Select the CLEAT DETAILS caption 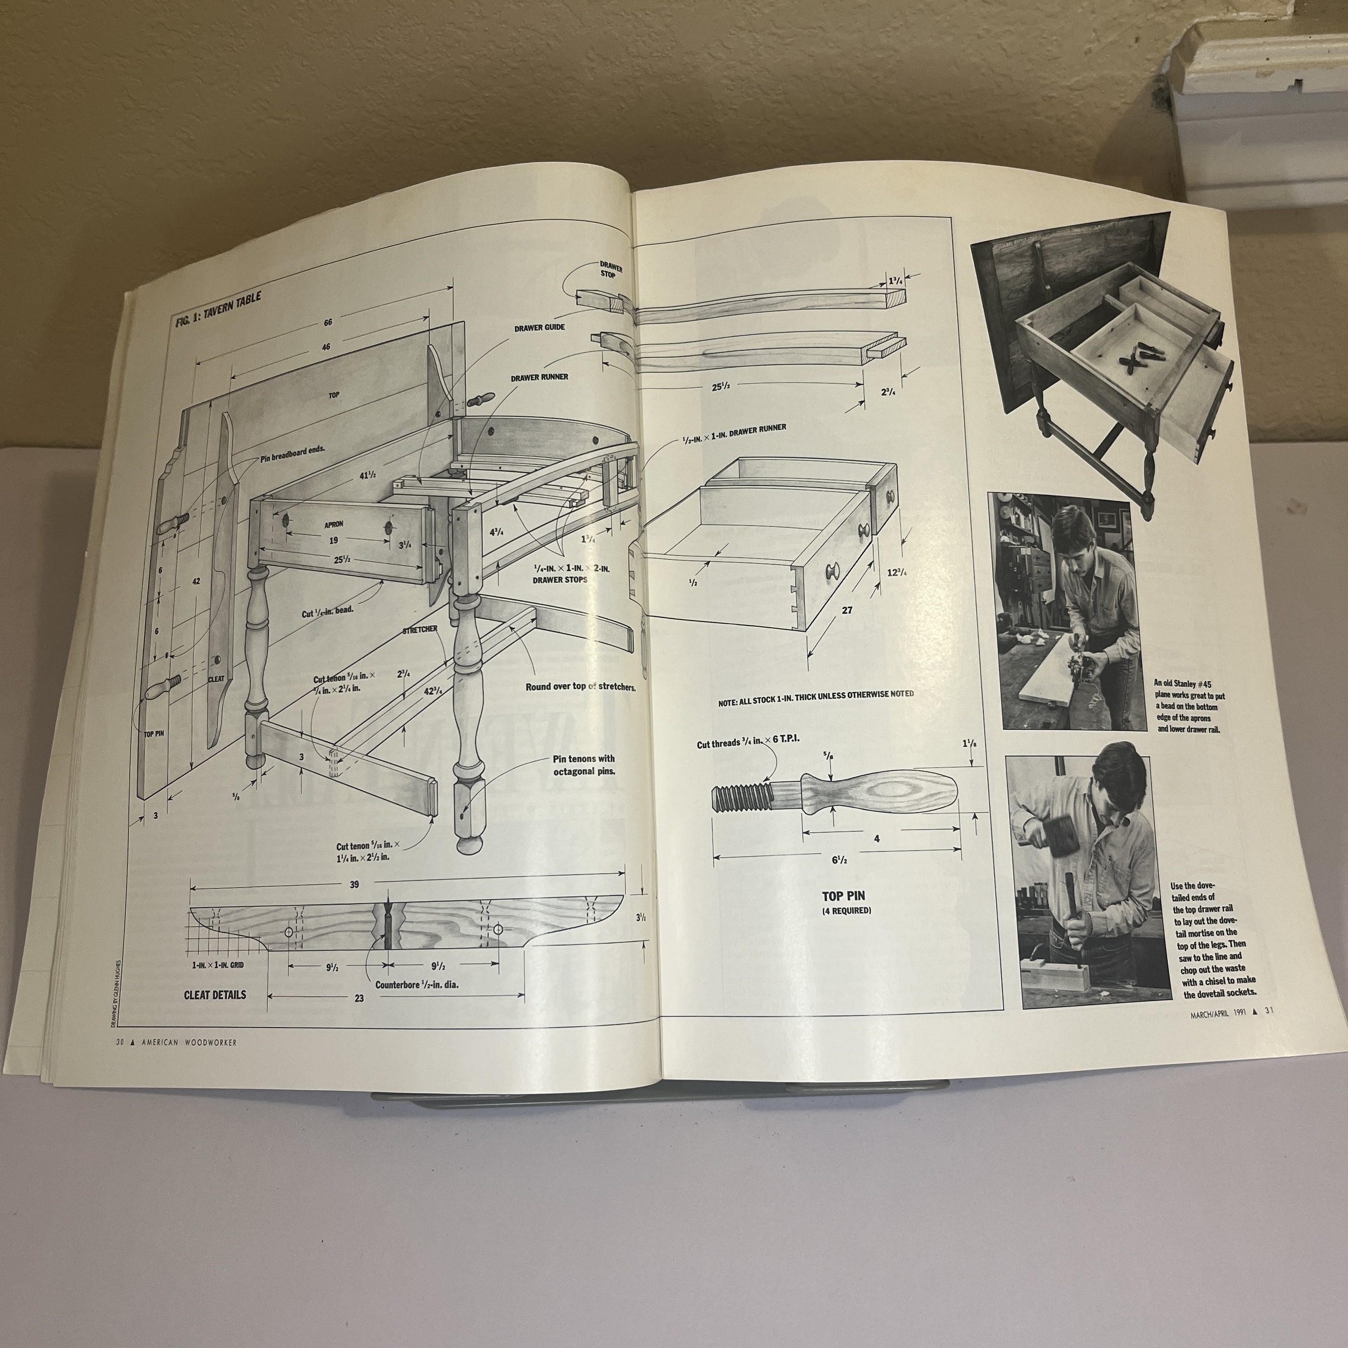[215, 995]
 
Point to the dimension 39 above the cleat [354, 885]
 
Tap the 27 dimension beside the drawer [847, 610]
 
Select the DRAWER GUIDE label [539, 327]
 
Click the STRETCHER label [419, 629]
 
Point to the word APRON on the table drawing [333, 523]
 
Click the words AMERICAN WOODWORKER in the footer [189, 1042]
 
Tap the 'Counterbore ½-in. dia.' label [416, 985]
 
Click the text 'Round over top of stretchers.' [580, 686]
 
